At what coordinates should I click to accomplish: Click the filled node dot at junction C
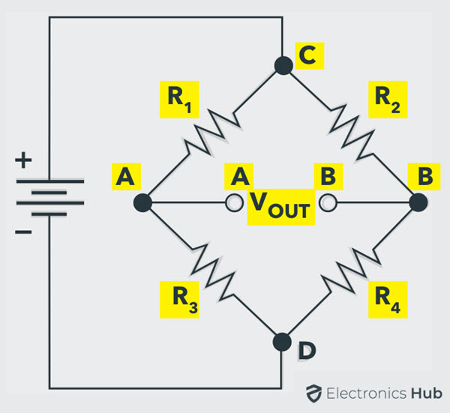click(283, 66)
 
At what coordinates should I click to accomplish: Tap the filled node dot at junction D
click(282, 342)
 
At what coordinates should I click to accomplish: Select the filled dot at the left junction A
click(142, 203)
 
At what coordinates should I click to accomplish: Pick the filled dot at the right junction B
click(418, 202)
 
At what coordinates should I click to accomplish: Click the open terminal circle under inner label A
click(235, 203)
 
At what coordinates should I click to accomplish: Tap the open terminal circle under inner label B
click(328, 202)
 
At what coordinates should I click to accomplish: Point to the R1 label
click(179, 100)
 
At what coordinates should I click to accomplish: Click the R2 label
click(388, 100)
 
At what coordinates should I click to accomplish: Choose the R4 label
click(388, 299)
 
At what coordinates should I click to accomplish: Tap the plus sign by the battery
click(23, 160)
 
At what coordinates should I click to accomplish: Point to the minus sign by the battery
click(23, 232)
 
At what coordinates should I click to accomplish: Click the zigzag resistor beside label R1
click(213, 133)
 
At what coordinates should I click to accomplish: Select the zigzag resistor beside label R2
click(352, 133)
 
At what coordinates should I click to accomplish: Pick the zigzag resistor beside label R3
click(213, 272)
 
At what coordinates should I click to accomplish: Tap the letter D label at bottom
click(307, 351)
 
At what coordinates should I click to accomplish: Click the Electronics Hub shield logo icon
click(313, 394)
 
